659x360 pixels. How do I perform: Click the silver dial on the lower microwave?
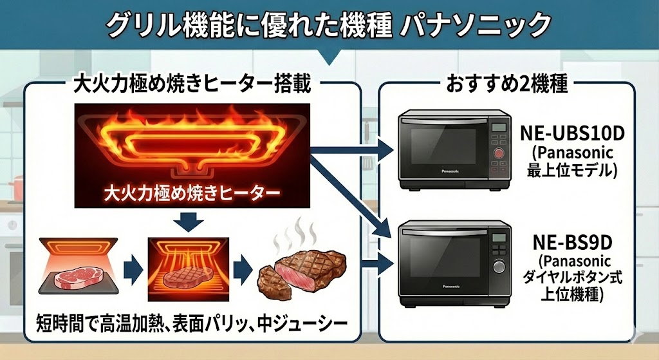click(498, 267)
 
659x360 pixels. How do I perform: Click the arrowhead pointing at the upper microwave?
click(386, 151)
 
